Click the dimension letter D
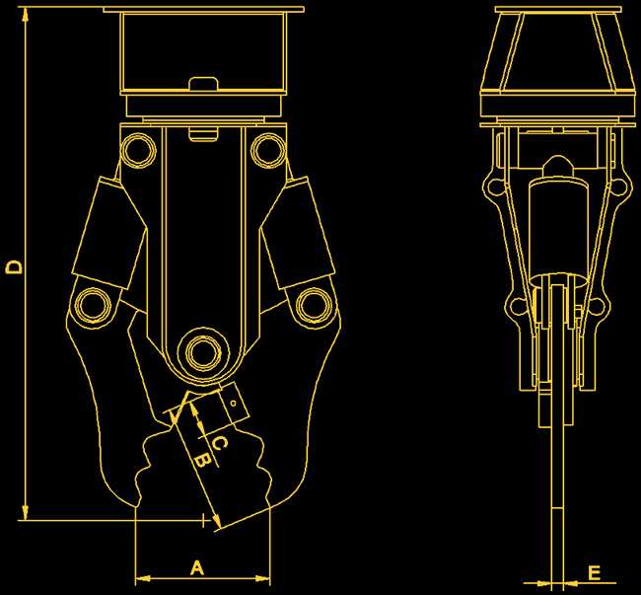[14, 266]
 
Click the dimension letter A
[197, 568]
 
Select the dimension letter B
[203, 460]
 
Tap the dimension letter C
[220, 442]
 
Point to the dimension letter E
[594, 573]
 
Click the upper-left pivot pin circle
[138, 150]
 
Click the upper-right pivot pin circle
[268, 150]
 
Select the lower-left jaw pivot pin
[94, 305]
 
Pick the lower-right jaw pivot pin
[314, 305]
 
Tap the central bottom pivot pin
[203, 352]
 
